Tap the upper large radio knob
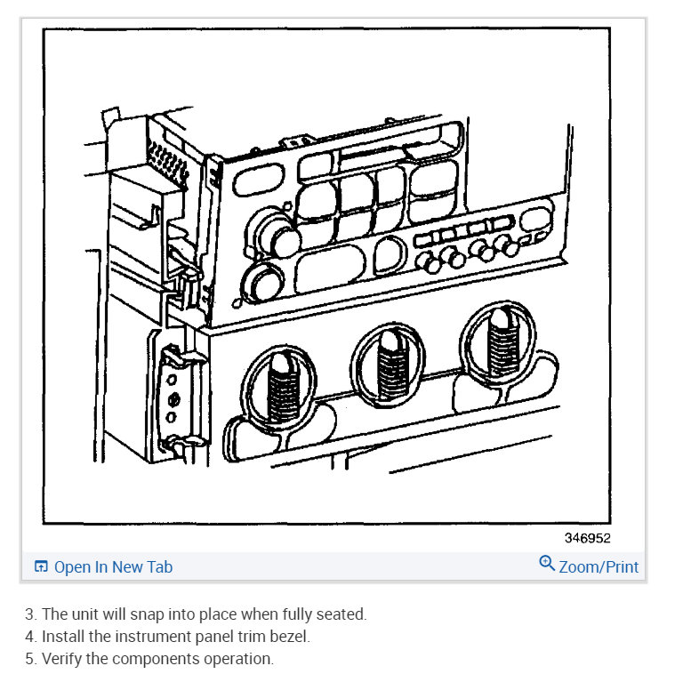pos(285,239)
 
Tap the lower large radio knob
pos(262,283)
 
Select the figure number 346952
pos(587,538)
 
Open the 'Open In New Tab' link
pos(113,566)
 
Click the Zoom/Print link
pos(598,566)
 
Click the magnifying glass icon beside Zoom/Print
pos(547,564)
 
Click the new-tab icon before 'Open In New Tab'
pos(41,566)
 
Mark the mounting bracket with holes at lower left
pos(174,395)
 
